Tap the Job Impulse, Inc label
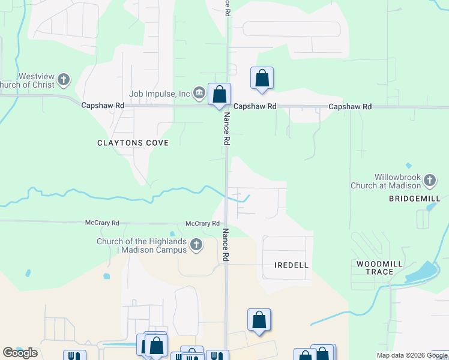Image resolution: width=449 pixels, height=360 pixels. click(159, 94)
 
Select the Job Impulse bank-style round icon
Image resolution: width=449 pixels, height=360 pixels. click(199, 93)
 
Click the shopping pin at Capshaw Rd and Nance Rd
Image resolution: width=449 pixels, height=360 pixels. click(219, 94)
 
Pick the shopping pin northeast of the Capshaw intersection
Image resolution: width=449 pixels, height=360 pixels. click(262, 78)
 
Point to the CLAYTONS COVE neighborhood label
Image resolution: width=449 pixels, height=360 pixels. click(133, 143)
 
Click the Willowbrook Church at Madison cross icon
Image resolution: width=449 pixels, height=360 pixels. click(430, 180)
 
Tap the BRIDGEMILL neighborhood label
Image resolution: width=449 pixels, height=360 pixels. click(414, 199)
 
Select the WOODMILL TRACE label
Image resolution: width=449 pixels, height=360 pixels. click(375, 268)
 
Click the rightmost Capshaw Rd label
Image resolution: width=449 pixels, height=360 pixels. click(350, 106)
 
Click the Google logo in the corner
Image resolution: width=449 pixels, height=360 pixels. click(20, 352)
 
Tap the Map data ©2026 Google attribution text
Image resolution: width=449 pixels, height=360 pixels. click(412, 355)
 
